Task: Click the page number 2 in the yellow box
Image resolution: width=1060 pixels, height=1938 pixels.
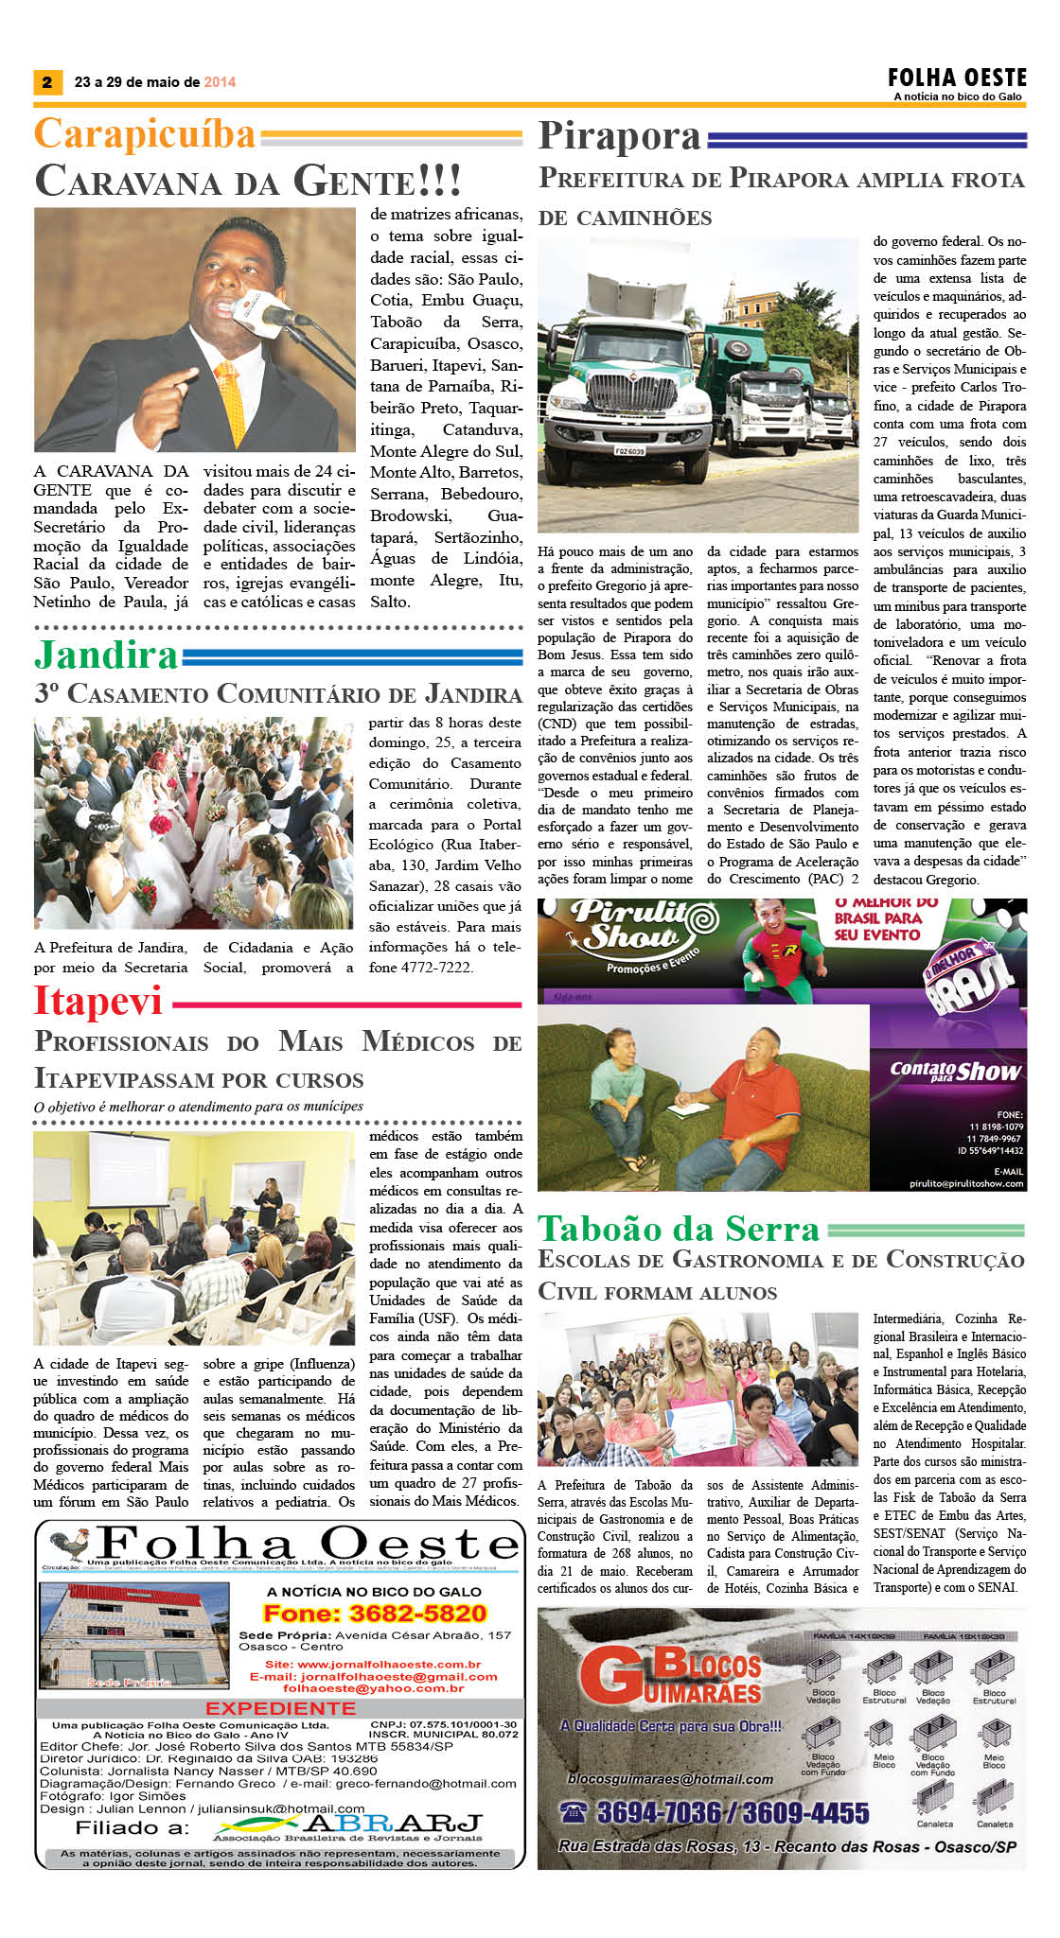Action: [x=46, y=82]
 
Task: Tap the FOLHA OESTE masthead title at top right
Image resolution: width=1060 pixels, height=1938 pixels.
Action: [x=957, y=78]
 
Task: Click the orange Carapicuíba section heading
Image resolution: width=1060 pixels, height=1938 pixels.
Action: [x=145, y=134]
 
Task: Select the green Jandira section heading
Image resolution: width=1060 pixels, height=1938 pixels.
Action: [x=106, y=655]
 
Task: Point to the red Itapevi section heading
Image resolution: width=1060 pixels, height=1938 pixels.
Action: [x=98, y=1001]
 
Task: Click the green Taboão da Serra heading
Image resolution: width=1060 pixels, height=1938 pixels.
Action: [x=679, y=1229]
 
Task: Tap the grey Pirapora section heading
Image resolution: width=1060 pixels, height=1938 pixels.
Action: [x=620, y=136]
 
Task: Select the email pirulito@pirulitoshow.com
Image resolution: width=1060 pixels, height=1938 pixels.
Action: [x=965, y=1182]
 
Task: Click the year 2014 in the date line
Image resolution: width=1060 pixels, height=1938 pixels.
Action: [x=220, y=82]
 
